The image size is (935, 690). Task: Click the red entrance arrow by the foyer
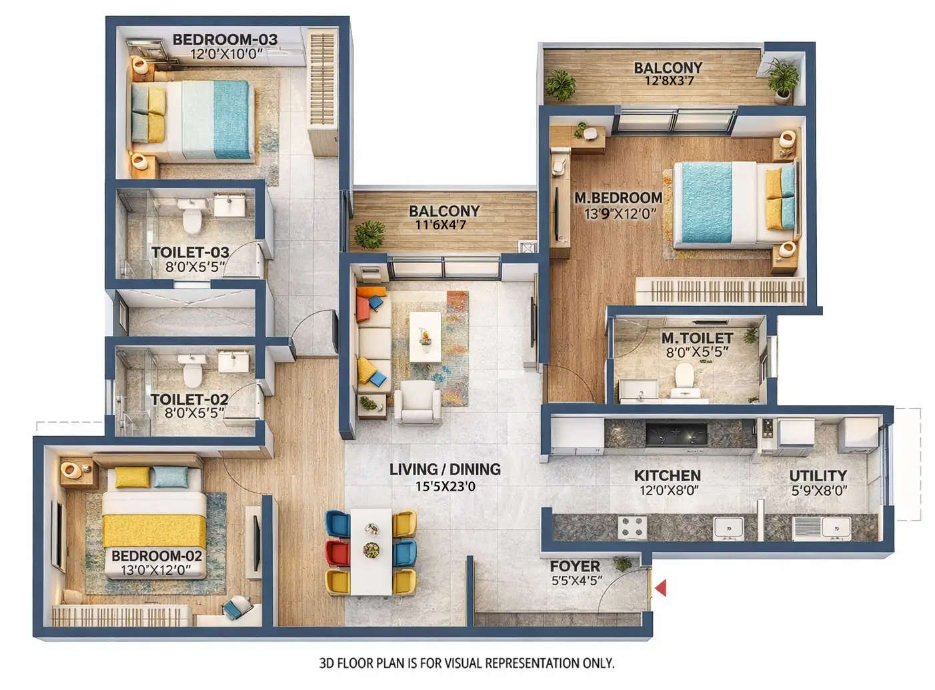(x=661, y=588)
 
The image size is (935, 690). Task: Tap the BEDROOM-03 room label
(x=225, y=39)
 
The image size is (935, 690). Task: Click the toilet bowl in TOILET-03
(x=192, y=217)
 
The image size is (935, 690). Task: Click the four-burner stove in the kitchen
(x=632, y=527)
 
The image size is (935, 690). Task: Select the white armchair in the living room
(x=417, y=403)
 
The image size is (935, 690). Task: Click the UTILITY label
(x=818, y=475)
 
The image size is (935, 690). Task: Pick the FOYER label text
(x=575, y=566)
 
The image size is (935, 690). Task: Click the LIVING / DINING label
(x=445, y=469)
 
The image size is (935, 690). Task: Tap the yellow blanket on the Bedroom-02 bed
(x=154, y=531)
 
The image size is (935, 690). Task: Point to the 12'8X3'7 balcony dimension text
(x=668, y=81)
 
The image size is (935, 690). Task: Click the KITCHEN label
(x=667, y=475)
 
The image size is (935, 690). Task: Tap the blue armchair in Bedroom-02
(x=237, y=608)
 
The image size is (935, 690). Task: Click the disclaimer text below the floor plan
(x=467, y=663)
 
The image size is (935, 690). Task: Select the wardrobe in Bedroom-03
(x=323, y=91)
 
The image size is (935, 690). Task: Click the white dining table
(x=371, y=551)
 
